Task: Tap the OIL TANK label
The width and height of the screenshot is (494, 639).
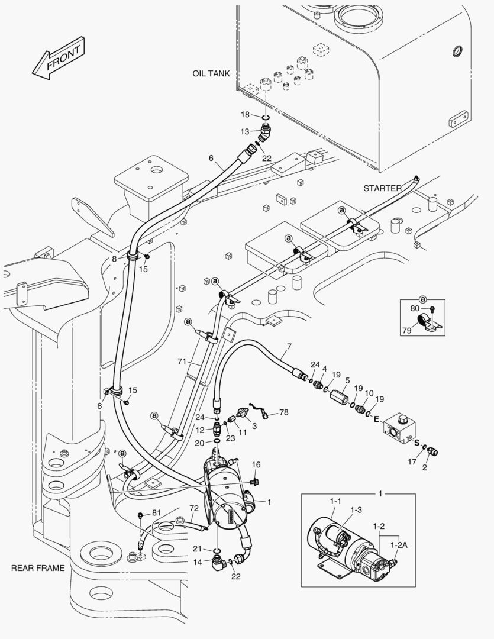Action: pos(211,74)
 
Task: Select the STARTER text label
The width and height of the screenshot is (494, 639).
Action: pos(382,188)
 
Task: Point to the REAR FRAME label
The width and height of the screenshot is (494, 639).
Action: pos(37,568)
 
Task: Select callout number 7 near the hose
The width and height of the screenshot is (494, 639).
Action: pos(289,346)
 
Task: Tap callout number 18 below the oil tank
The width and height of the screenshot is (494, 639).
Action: pos(245,114)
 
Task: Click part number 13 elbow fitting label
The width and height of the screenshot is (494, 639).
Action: pos(245,131)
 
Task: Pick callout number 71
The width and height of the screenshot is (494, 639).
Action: pos(182,361)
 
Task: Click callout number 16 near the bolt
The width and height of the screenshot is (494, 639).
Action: pos(256,465)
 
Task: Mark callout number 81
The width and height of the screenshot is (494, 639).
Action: pos(156,512)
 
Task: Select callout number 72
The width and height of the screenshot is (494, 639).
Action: pos(193,508)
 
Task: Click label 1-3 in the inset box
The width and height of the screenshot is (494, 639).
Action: pos(356,509)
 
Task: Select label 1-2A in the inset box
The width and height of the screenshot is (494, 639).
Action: pos(400,547)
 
